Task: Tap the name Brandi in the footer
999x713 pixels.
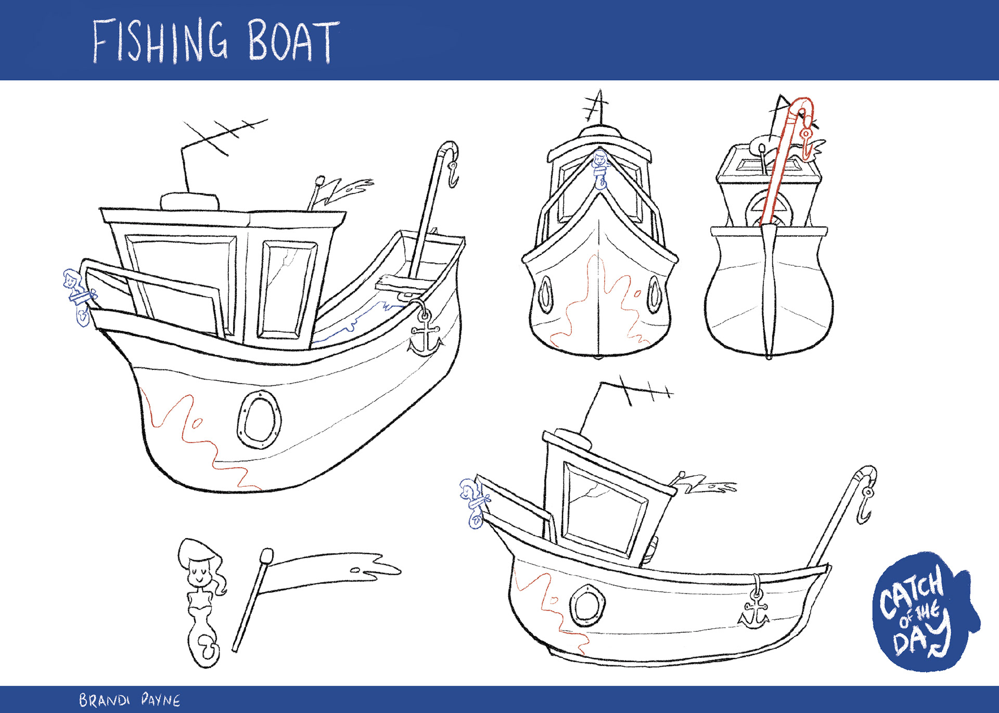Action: (x=104, y=700)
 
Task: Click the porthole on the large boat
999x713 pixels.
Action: (x=259, y=419)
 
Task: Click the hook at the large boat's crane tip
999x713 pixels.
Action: (x=453, y=174)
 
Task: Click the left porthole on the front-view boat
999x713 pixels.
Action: (x=545, y=294)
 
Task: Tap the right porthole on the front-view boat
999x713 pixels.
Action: (x=654, y=294)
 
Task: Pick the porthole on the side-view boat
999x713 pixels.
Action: (x=587, y=606)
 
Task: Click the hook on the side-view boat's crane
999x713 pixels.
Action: (x=865, y=507)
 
